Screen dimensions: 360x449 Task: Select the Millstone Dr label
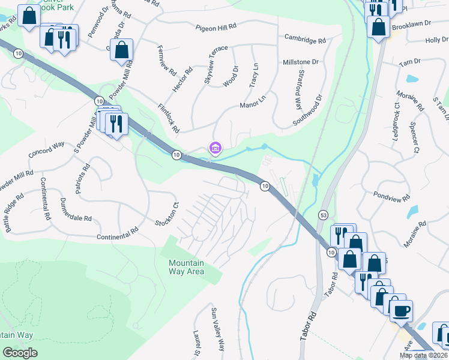pyautogui.click(x=300, y=62)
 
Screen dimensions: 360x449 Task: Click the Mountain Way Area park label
pyautogui.click(x=186, y=267)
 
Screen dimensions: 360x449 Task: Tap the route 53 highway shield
pyautogui.click(x=324, y=215)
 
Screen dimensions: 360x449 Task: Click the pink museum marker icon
pyautogui.click(x=215, y=147)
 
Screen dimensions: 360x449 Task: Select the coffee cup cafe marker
pyautogui.click(x=402, y=311)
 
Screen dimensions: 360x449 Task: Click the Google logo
pyautogui.click(x=20, y=352)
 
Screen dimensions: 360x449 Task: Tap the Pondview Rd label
pyautogui.click(x=391, y=196)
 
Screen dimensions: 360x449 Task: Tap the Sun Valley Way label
pyautogui.click(x=217, y=329)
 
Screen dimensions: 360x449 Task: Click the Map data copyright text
pyautogui.click(x=424, y=355)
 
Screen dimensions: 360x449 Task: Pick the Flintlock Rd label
pyautogui.click(x=169, y=118)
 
